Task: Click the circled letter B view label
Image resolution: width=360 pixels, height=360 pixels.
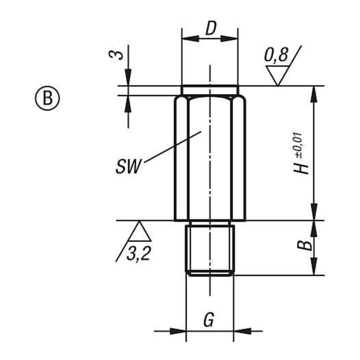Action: tap(47, 98)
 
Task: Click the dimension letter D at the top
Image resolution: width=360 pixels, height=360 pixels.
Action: tap(211, 28)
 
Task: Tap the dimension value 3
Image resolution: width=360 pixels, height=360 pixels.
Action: tap(116, 55)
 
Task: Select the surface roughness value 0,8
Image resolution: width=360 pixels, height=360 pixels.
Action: tap(276, 55)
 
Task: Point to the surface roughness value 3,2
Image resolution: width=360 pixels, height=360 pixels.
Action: tap(138, 254)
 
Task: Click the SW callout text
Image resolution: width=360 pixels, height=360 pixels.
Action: tap(128, 166)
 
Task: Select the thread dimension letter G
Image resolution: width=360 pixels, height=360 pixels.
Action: tap(208, 319)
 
